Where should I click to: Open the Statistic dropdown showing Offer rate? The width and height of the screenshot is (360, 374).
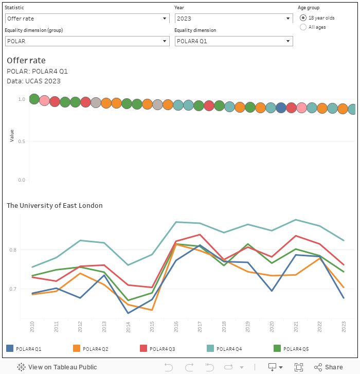click(x=87, y=19)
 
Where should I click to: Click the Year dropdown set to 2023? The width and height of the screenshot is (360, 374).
click(x=233, y=19)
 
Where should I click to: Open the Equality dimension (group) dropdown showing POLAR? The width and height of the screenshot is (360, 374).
click(x=87, y=41)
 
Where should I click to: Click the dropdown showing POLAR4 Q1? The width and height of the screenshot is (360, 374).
click(x=233, y=41)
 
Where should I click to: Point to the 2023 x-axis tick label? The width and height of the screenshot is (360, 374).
click(x=344, y=327)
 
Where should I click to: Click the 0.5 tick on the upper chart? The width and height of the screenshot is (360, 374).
click(x=22, y=141)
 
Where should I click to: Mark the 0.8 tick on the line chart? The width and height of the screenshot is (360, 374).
click(x=13, y=250)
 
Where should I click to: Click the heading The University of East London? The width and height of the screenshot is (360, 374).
click(x=55, y=206)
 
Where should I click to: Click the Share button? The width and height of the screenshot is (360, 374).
click(x=329, y=367)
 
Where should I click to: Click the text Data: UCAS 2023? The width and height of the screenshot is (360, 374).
click(x=33, y=81)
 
